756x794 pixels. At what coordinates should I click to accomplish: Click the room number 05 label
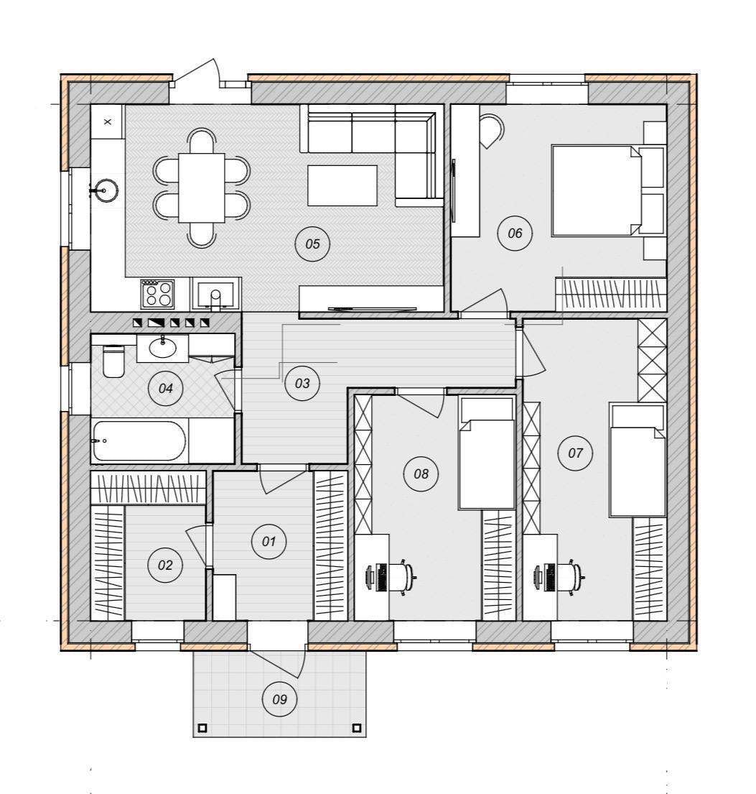pos(313,244)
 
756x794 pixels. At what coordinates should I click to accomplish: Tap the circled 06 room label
pos(515,233)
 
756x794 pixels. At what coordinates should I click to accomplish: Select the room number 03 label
pos(302,383)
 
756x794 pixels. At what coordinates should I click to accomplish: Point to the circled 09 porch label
pos(279,699)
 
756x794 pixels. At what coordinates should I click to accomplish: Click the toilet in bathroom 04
pos(113,361)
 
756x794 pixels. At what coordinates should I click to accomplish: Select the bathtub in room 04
pos(139,441)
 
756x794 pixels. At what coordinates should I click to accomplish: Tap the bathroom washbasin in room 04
pos(162,347)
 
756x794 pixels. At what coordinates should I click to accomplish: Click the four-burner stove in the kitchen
pos(157,294)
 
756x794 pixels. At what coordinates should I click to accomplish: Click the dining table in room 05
pos(202,188)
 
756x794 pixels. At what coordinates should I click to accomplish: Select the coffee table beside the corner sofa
pos(342,185)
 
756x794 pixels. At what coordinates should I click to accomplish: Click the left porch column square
pos(202,728)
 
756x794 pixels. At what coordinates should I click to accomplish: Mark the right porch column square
pos(357,728)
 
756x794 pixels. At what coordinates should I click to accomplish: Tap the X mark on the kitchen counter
pos(107,121)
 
